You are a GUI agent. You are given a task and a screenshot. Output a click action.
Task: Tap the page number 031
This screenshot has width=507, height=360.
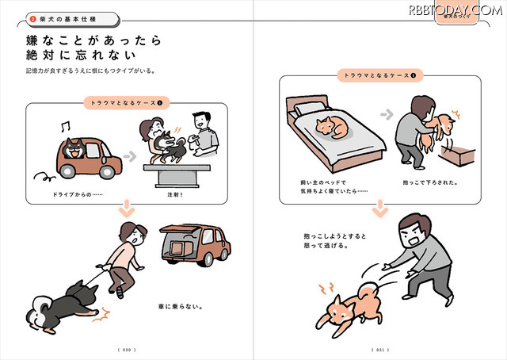[x=379, y=348]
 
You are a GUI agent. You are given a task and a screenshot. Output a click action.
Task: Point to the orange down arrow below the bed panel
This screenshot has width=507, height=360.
[x=379, y=209]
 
